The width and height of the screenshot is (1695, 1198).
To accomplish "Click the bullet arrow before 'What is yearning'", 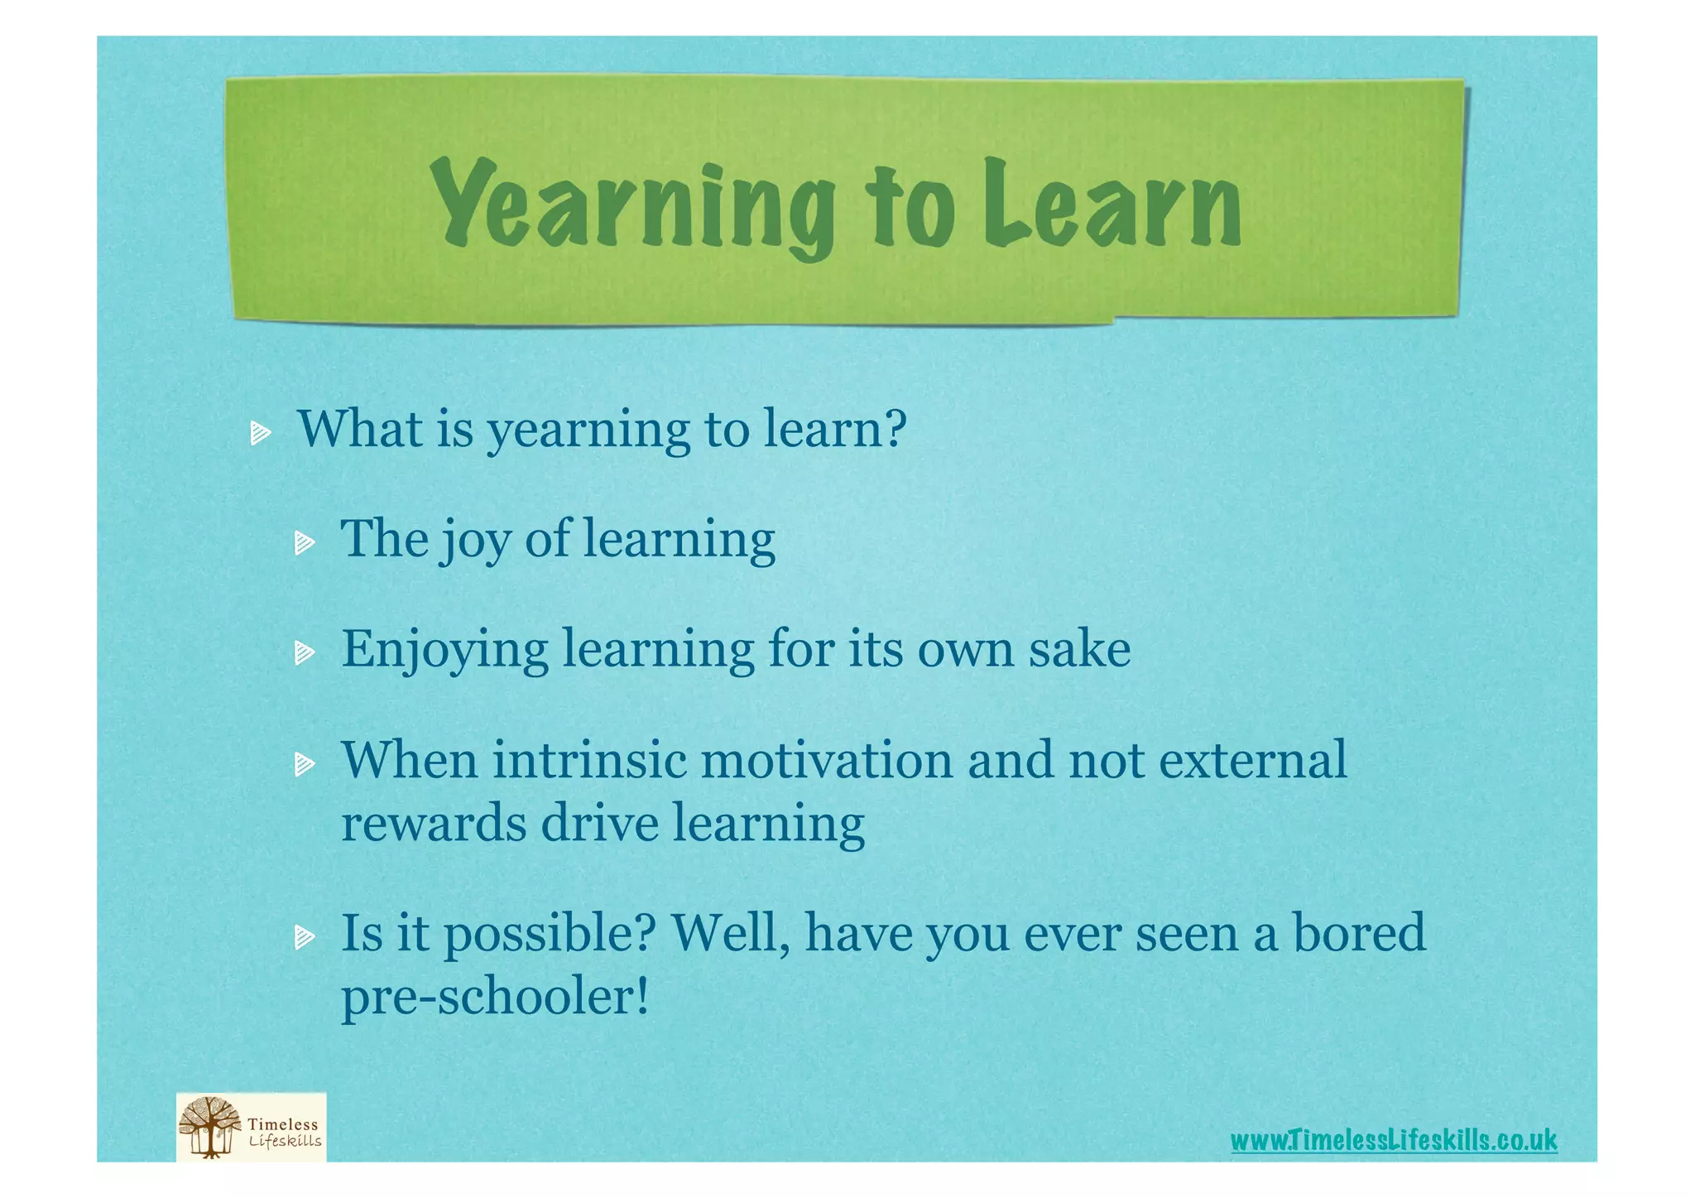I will tap(261, 432).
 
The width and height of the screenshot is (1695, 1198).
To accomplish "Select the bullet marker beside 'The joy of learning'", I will tap(305, 543).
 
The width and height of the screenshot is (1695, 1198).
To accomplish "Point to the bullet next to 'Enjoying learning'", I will tap(305, 653).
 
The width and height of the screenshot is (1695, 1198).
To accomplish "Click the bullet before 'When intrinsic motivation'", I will tap(305, 763).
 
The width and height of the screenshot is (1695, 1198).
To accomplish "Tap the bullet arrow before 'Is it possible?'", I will tap(305, 936).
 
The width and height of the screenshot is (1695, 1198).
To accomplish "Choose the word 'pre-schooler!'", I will tap(495, 997).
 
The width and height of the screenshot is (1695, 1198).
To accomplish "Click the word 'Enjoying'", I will tap(444, 651).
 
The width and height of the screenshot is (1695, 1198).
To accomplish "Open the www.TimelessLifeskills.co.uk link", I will tap(1393, 1140).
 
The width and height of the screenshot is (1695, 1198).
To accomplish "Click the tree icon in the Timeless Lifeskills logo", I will tap(210, 1127).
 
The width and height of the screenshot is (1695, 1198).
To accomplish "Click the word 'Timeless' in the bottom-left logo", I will tap(283, 1124).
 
